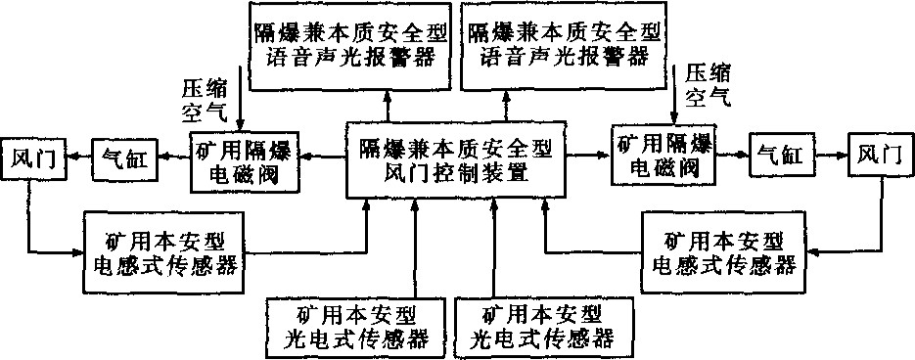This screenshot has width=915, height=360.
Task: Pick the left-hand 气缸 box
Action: click(123, 159)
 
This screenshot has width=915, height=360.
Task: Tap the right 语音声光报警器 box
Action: click(559, 45)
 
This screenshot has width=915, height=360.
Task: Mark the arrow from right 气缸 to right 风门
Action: click(830, 156)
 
